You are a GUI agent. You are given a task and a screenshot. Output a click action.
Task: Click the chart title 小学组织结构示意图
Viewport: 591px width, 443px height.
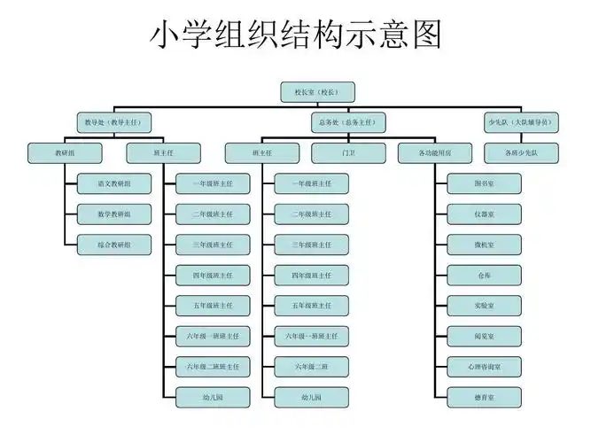pyautogui.click(x=294, y=36)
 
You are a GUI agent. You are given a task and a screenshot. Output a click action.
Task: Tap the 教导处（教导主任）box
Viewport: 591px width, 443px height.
pyautogui.click(x=114, y=122)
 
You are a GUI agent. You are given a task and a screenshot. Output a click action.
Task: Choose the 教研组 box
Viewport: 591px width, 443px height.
pyautogui.click(x=65, y=152)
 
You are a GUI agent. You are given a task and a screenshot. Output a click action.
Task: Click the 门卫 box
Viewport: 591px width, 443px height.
pyautogui.click(x=348, y=152)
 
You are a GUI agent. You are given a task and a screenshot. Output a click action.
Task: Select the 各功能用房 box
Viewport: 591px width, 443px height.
pyautogui.click(x=435, y=152)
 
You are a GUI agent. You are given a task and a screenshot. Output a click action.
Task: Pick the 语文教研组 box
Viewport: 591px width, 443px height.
pyautogui.click(x=114, y=183)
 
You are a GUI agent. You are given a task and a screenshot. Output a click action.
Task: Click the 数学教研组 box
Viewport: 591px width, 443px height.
pyautogui.click(x=114, y=214)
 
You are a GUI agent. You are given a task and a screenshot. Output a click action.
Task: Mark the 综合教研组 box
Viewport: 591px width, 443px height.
pyautogui.click(x=114, y=244)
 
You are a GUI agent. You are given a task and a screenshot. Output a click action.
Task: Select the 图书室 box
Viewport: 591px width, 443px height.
pyautogui.click(x=484, y=183)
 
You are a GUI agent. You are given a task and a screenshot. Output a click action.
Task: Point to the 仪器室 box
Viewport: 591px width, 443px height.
pyautogui.click(x=484, y=214)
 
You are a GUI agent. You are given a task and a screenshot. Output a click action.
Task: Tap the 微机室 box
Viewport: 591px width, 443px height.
pyautogui.click(x=484, y=244)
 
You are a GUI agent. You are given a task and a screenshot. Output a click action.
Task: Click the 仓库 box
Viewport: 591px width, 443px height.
pyautogui.click(x=484, y=275)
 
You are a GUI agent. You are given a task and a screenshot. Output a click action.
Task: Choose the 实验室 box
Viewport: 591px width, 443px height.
pyautogui.click(x=484, y=305)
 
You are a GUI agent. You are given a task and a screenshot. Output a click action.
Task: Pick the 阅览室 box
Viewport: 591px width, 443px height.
pyautogui.click(x=484, y=336)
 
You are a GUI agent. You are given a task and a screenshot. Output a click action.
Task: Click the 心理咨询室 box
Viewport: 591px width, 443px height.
pyautogui.click(x=484, y=366)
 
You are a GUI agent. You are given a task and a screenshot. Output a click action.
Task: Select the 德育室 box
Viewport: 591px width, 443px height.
pyautogui.click(x=484, y=397)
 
